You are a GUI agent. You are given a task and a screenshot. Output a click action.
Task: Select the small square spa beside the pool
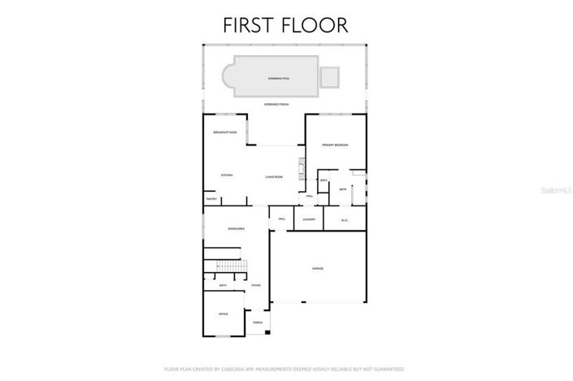[329, 76]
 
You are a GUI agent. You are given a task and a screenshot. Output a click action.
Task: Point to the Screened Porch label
[276, 105]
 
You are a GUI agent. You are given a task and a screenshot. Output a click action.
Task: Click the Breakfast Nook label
[224, 132]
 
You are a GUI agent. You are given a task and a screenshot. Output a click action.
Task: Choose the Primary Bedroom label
[335, 145]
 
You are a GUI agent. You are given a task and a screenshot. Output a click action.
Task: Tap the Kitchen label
[227, 175]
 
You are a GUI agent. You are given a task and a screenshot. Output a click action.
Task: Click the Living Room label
[273, 176]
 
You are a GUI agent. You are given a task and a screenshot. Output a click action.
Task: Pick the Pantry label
[211, 199]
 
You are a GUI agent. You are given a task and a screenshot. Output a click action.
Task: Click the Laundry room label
[308, 219]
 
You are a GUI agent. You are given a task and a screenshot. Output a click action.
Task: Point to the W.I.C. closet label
[344, 219]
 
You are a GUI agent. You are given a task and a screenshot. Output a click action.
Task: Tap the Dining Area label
[237, 229]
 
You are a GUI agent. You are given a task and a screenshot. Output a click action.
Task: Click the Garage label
[318, 268]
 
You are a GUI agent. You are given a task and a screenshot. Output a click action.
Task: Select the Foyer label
[255, 286]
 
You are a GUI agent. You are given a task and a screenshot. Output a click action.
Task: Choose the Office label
[223, 314]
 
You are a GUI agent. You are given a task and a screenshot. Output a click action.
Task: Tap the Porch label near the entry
[258, 323]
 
